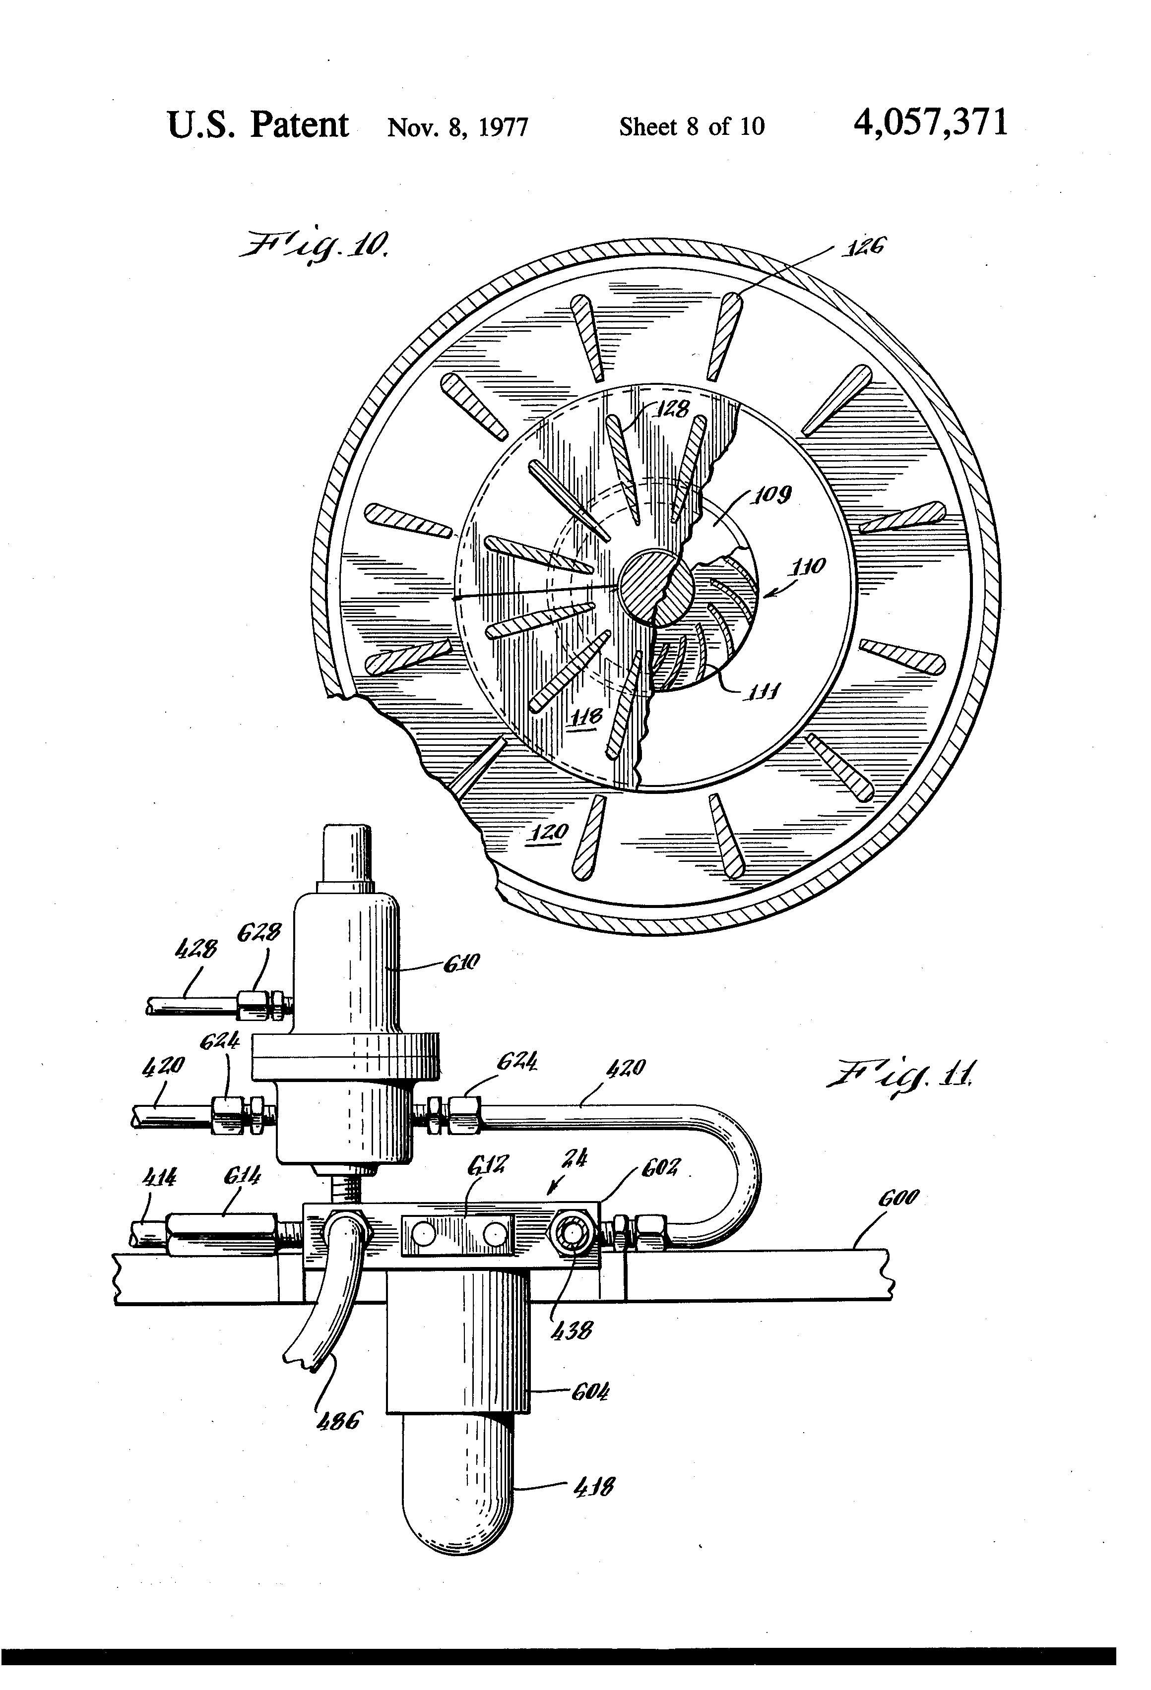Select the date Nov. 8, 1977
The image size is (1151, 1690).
click(x=457, y=127)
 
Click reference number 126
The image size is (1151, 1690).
click(x=864, y=248)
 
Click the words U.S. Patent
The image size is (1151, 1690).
click(x=258, y=124)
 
